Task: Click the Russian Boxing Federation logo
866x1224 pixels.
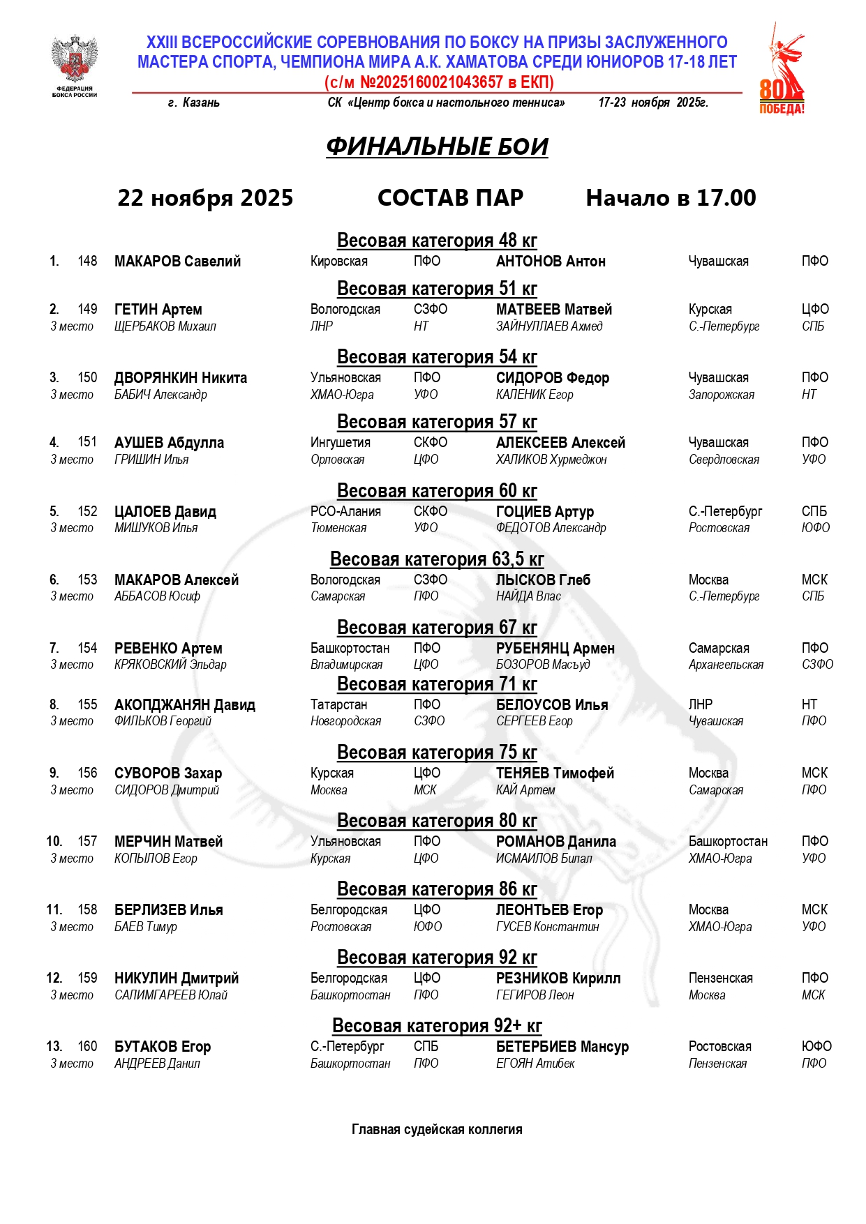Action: (x=74, y=66)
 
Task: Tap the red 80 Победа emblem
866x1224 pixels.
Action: (x=781, y=70)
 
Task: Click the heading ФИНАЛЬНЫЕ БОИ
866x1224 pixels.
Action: (x=437, y=146)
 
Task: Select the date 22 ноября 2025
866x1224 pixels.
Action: (x=205, y=198)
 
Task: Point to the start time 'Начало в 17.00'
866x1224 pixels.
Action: (x=670, y=198)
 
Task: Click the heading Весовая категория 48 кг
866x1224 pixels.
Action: (x=437, y=241)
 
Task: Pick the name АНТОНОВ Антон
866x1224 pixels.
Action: (x=551, y=262)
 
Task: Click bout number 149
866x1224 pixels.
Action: (x=87, y=309)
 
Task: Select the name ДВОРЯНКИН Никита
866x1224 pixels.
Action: (x=181, y=378)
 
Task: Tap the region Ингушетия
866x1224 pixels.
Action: (x=341, y=443)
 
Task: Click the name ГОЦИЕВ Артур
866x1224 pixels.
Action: (x=545, y=512)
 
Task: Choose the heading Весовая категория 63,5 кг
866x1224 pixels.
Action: (x=437, y=559)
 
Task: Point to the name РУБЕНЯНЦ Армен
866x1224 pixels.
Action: (x=555, y=649)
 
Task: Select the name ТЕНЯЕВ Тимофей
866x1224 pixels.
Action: (x=555, y=773)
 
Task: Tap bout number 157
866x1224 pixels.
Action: (x=87, y=842)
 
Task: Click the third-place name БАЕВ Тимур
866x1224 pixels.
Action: (x=146, y=927)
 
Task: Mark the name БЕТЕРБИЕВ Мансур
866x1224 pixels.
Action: (x=562, y=1047)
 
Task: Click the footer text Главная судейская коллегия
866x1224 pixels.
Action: (x=437, y=1130)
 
